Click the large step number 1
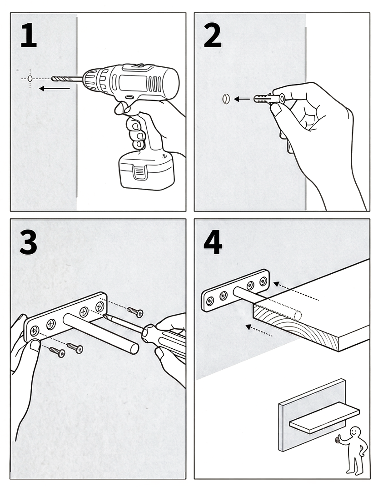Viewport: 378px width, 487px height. click(29, 35)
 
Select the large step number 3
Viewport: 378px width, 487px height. click(28, 242)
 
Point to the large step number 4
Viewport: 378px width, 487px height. click(213, 242)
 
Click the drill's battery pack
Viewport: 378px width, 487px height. click(147, 171)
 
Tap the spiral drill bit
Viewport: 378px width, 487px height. click(67, 79)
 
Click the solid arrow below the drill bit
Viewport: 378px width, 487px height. click(55, 89)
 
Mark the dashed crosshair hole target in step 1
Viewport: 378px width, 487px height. click(30, 79)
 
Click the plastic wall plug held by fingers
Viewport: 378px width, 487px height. click(269, 99)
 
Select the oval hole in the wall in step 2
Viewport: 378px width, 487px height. click(226, 99)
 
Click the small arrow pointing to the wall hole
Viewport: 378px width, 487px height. click(242, 99)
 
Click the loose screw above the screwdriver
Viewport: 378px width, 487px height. click(135, 311)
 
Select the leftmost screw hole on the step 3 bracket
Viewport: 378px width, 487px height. click(34, 330)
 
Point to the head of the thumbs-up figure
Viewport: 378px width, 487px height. click(355, 432)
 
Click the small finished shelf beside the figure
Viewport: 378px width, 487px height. click(325, 417)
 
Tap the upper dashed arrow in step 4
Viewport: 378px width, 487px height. click(296, 291)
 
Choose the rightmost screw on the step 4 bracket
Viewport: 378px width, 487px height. click(264, 281)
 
